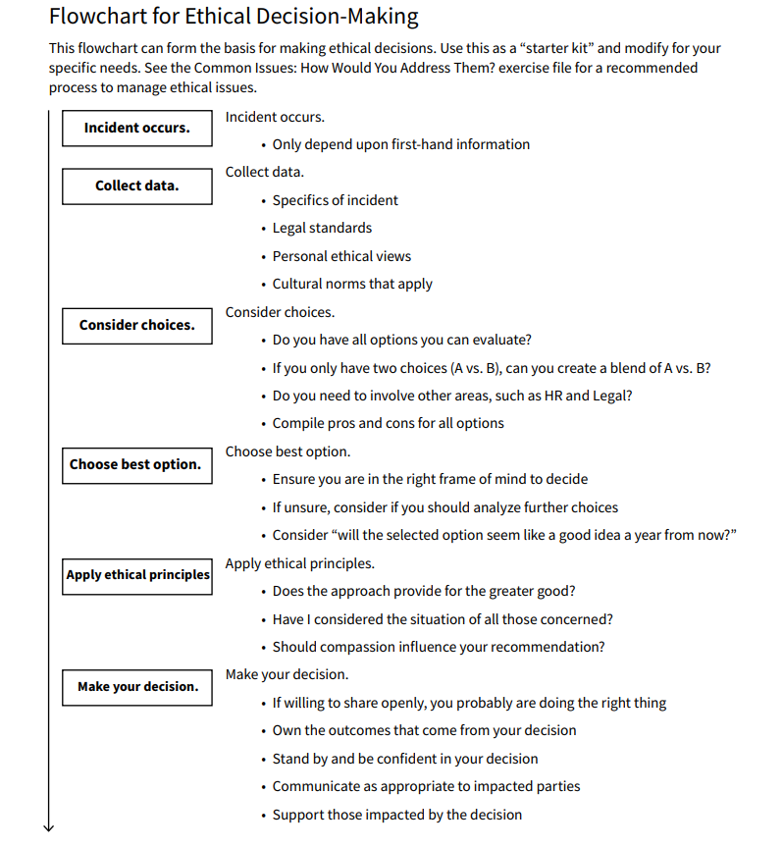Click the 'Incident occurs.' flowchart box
coord(136,129)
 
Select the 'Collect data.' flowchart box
coord(136,185)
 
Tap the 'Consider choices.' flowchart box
coord(136,325)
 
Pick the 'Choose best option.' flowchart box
coord(136,464)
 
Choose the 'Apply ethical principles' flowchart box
coord(137,574)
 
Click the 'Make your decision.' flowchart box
coord(136,686)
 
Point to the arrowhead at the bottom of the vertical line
coord(48,826)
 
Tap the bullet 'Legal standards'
coord(322,228)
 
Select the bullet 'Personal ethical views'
coord(341,256)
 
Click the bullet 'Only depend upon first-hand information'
coord(400,144)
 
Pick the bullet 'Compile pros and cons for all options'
coord(388,423)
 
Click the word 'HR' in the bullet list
coord(576,396)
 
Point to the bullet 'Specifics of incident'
coord(335,200)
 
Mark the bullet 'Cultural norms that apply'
coord(352,284)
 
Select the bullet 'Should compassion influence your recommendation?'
coord(439,647)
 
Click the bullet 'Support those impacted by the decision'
coord(396,815)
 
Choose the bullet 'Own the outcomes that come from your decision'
coord(424,730)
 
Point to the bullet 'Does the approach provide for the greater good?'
coord(424,591)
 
